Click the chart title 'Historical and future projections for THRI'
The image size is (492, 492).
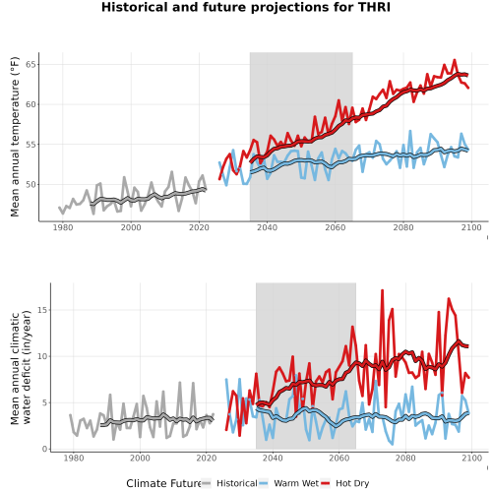246,7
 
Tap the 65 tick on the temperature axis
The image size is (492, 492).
31,64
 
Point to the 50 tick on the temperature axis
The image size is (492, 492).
31,184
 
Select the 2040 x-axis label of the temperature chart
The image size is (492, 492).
267,227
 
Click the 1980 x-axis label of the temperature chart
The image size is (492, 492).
63,227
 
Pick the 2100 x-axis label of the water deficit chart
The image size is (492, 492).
471,458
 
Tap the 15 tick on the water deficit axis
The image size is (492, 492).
42,310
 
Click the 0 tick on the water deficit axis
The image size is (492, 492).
44,449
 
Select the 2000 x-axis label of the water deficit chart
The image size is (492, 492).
140,458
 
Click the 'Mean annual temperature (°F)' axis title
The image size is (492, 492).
15,137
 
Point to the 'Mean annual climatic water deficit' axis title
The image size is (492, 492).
21,367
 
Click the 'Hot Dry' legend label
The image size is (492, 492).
352,483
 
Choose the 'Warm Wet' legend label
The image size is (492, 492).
296,483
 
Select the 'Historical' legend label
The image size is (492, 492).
237,483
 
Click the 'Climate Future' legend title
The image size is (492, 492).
163,483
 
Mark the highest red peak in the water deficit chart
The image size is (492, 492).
382,290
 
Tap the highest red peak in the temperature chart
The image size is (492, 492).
455,60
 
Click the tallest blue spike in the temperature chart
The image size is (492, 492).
410,131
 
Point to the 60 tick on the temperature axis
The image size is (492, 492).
31,104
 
